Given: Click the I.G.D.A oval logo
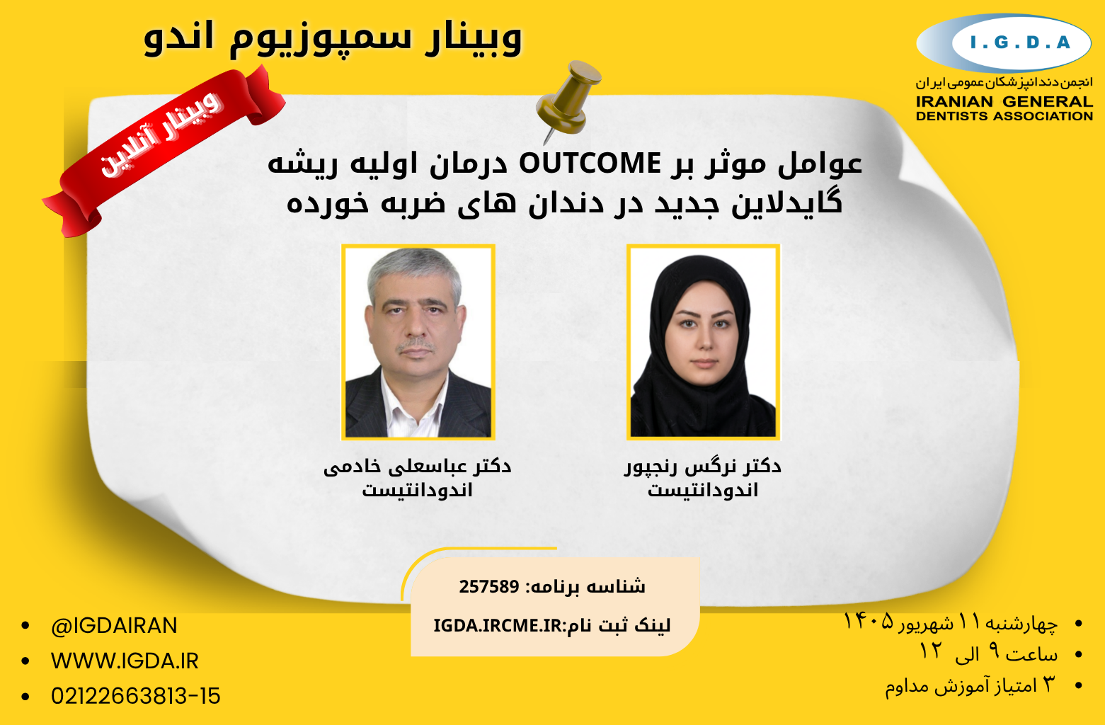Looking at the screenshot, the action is tap(1003, 43).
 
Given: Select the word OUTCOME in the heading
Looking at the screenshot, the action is tap(590, 164).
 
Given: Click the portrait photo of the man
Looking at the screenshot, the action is tap(418, 342).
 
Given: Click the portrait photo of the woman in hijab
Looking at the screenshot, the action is tap(703, 342).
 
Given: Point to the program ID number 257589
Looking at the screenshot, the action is tap(489, 587).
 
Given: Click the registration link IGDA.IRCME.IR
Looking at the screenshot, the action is tap(498, 626).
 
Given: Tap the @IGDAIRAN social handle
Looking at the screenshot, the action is tap(114, 626).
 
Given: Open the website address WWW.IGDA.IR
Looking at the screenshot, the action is tap(125, 661).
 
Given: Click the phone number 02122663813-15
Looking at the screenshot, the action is tap(136, 696).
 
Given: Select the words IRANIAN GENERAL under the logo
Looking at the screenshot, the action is tap(1004, 102).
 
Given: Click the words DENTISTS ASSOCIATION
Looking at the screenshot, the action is tap(1004, 116).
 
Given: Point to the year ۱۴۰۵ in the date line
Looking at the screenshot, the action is tap(869, 622).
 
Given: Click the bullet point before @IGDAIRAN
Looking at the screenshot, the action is tap(25, 626).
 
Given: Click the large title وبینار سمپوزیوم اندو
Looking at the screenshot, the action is tap(333, 38).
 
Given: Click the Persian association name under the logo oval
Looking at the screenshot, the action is tap(1004, 82).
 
